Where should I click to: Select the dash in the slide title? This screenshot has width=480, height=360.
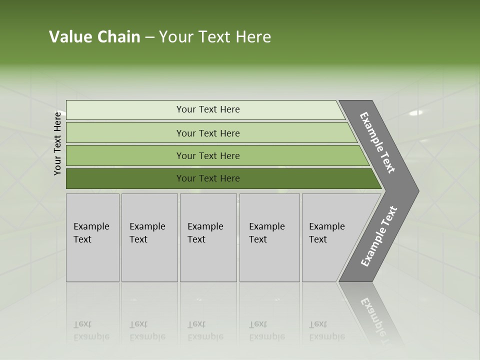(x=149, y=37)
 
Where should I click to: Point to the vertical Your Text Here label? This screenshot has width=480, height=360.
(x=57, y=143)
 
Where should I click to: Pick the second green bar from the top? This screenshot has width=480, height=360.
(x=208, y=133)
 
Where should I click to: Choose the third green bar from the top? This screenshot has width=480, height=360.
(x=208, y=155)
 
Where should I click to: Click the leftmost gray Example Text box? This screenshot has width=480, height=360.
(x=92, y=237)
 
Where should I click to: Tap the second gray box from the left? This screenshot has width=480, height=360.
(x=149, y=237)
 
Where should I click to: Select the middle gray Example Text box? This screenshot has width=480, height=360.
(x=208, y=237)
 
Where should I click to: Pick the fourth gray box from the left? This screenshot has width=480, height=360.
(x=269, y=237)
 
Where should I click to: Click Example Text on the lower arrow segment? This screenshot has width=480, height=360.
(x=379, y=236)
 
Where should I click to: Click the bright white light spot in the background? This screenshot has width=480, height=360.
(x=415, y=112)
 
